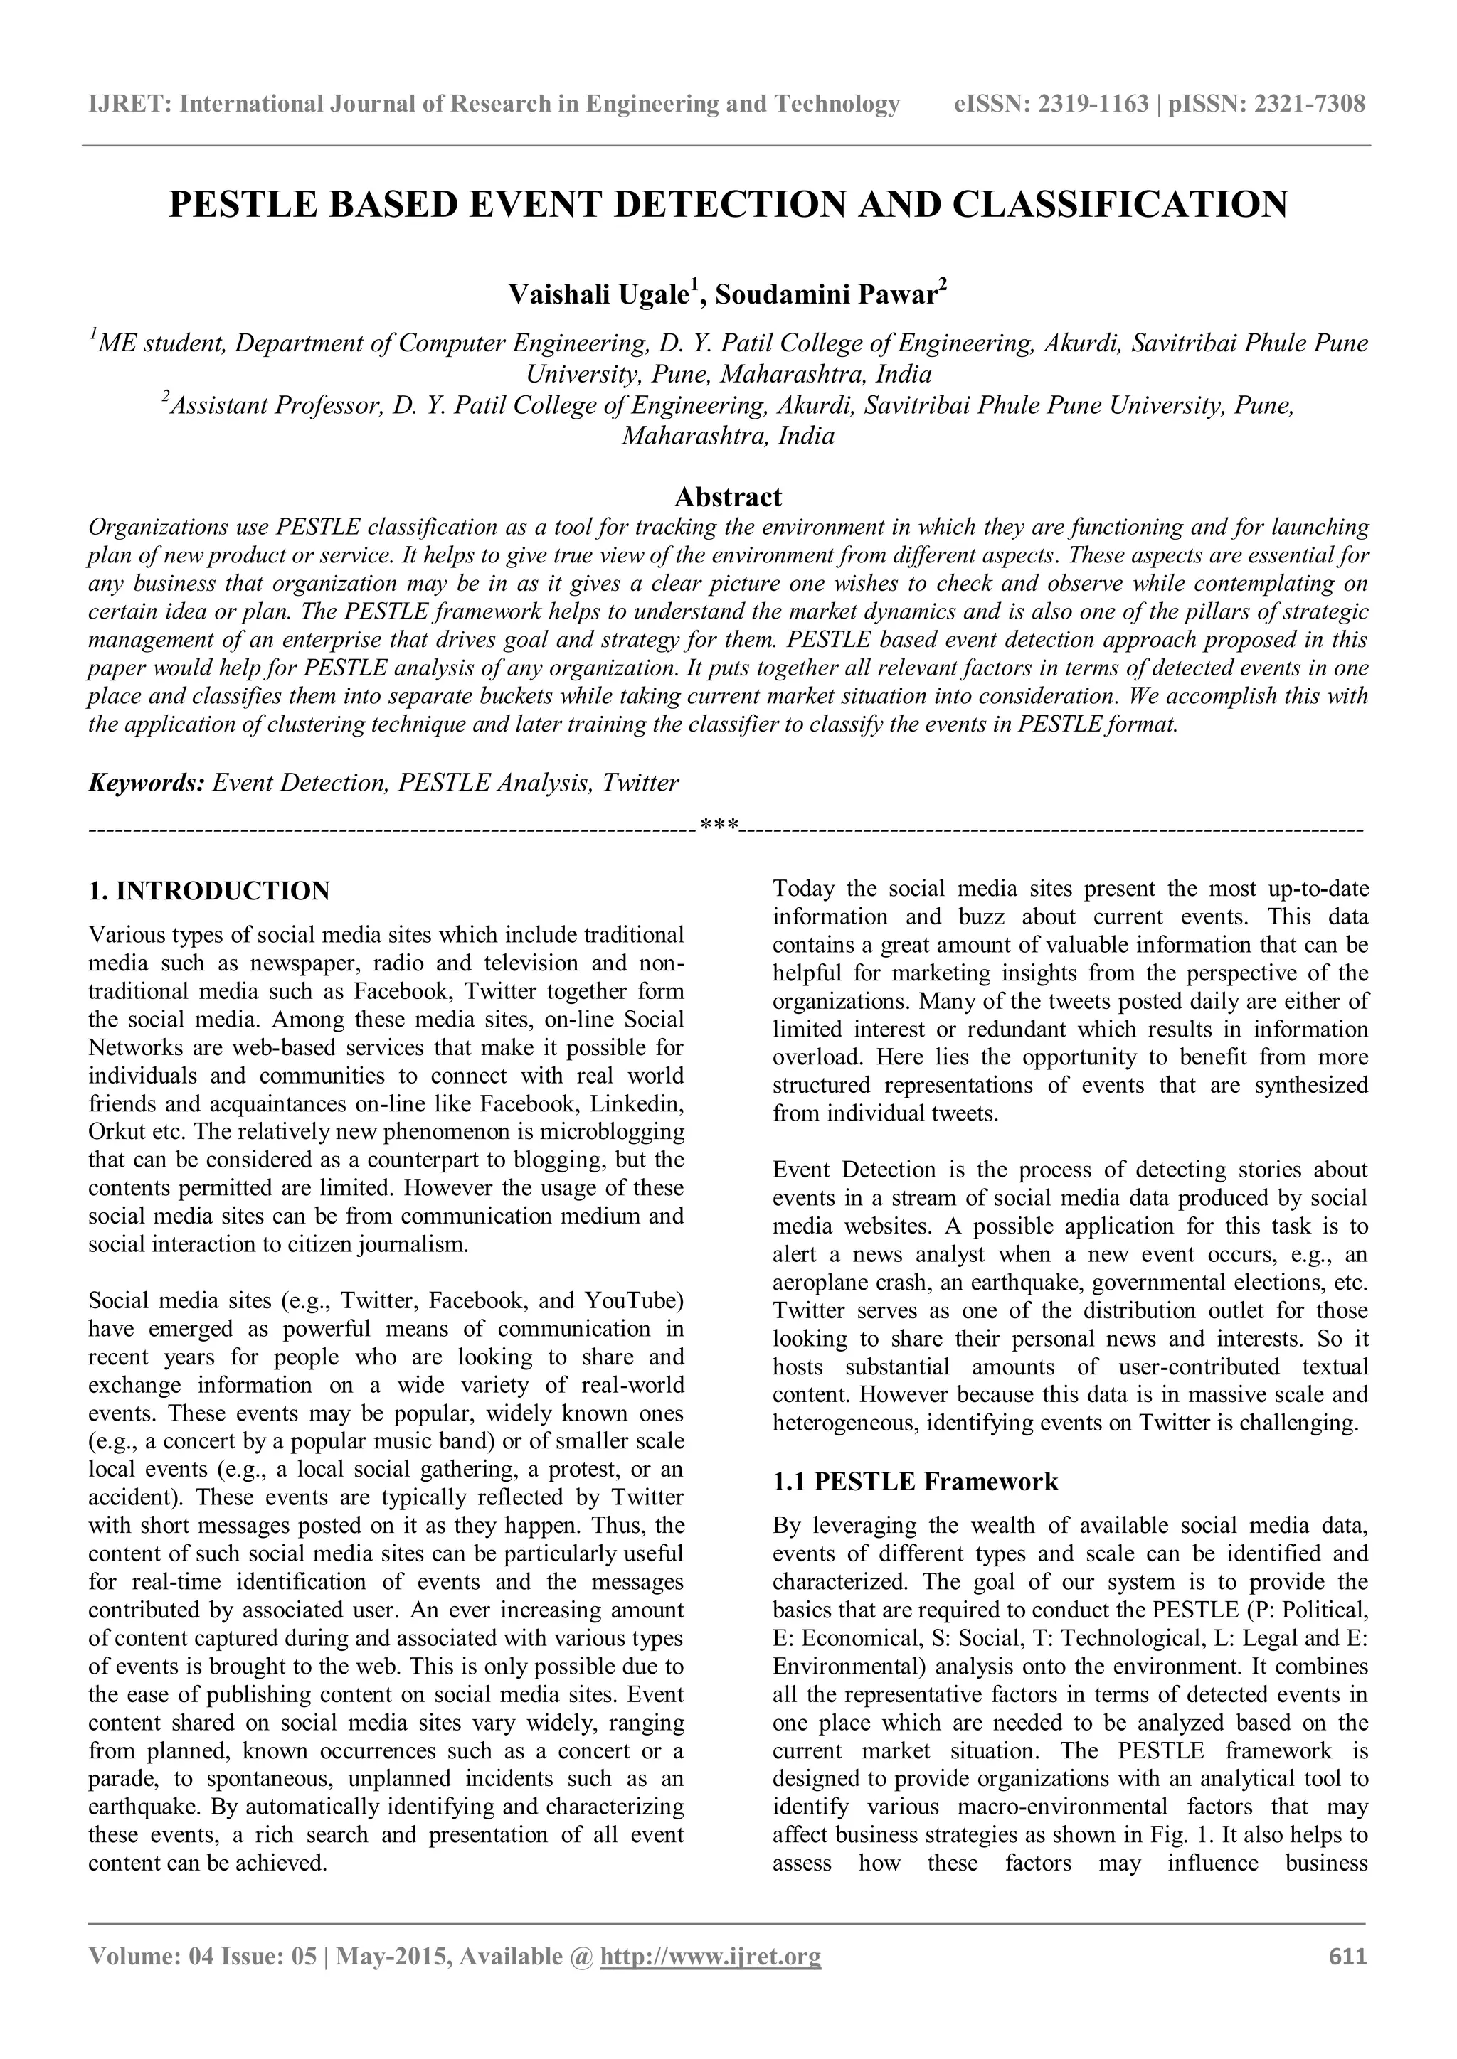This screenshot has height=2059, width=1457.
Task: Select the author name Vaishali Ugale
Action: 598,295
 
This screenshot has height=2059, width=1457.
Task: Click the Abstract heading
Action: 728,497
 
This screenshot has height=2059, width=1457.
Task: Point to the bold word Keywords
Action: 145,783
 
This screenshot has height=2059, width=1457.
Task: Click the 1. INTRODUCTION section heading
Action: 209,892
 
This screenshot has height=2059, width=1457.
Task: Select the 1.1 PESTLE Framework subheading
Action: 914,1482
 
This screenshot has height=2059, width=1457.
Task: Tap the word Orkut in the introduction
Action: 115,1131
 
